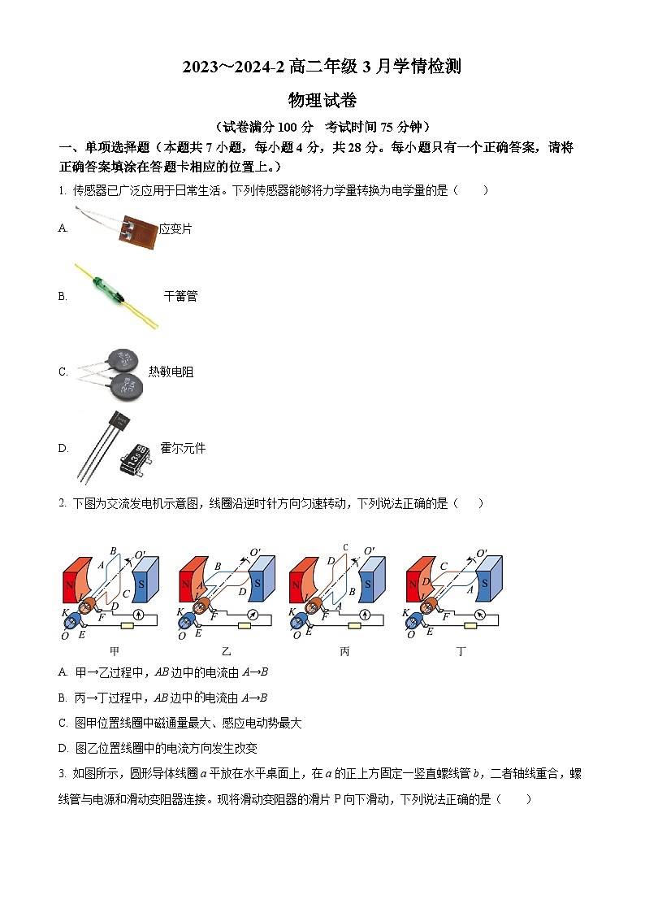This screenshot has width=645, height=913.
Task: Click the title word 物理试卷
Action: point(322,101)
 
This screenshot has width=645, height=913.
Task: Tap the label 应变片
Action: point(175,229)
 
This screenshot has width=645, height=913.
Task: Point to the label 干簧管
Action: point(180,297)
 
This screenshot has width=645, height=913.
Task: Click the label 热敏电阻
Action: point(171,372)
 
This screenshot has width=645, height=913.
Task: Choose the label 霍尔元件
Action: point(183,448)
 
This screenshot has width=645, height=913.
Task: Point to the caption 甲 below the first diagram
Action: point(114,651)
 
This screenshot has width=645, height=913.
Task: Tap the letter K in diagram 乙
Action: point(180,612)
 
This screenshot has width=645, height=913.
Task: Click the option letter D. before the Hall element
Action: point(63,448)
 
